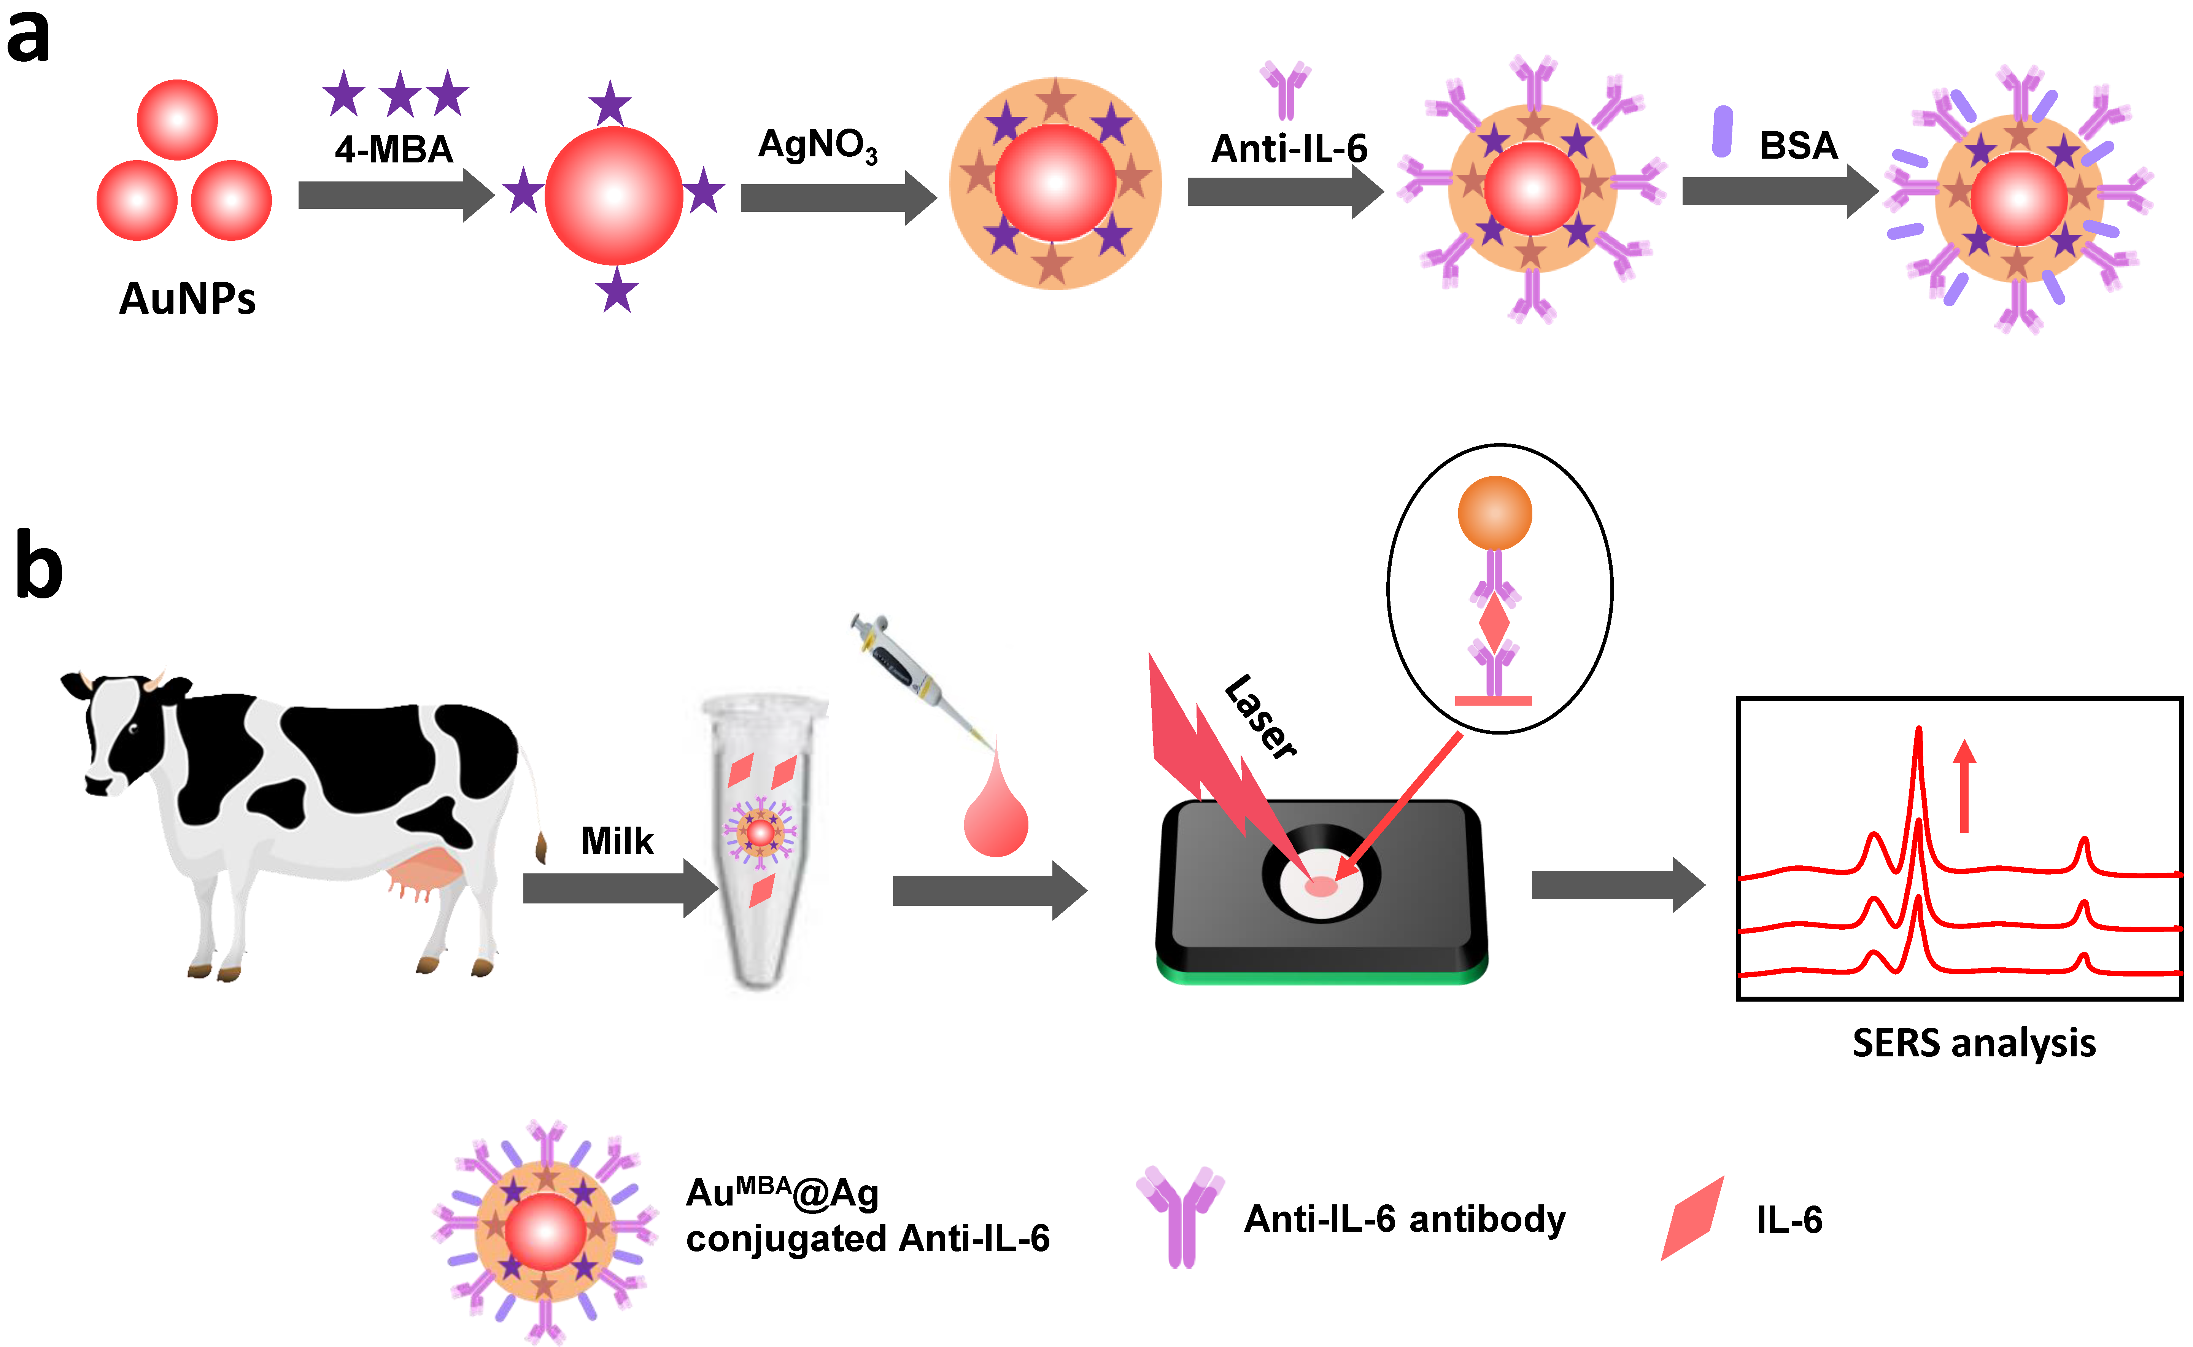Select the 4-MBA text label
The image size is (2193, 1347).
[394, 149]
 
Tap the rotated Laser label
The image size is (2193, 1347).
[1260, 717]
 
